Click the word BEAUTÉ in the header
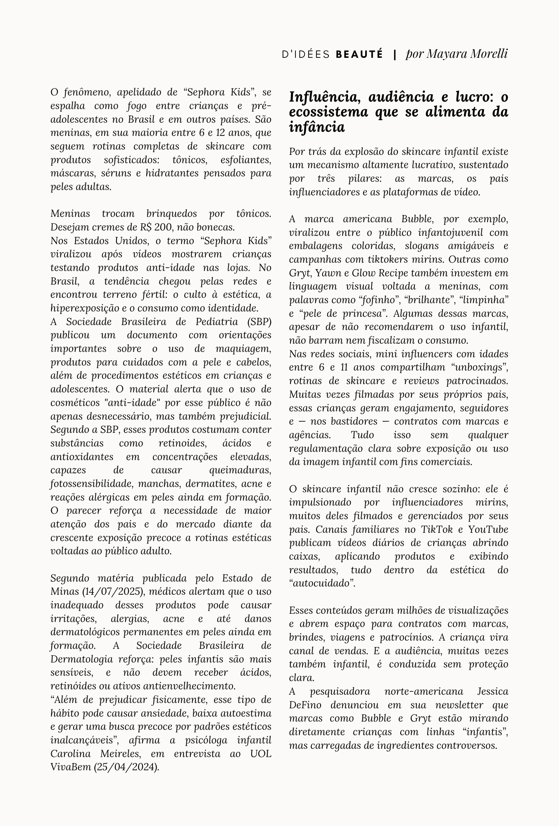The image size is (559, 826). (359, 54)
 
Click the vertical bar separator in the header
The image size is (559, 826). (395, 54)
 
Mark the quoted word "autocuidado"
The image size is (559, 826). (322, 584)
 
